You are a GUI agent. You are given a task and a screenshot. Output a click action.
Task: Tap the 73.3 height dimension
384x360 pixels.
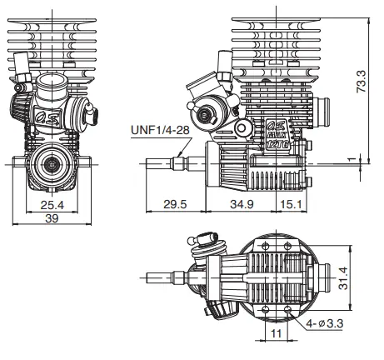pos(361,81)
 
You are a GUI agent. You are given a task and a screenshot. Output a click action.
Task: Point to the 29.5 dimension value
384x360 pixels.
pos(175,202)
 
